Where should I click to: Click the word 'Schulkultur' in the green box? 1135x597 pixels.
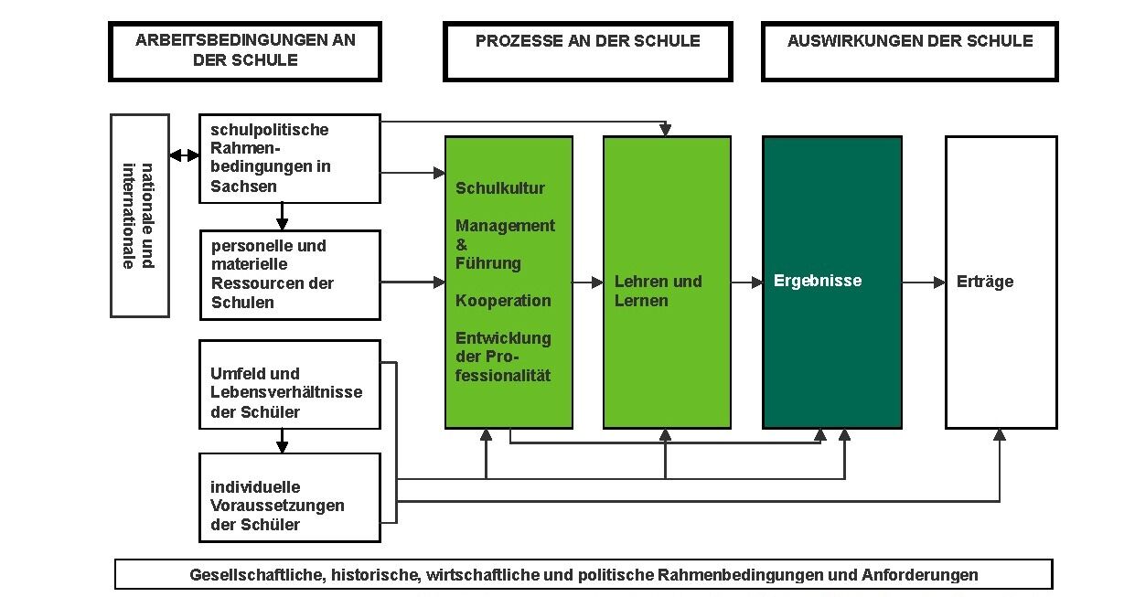click(500, 188)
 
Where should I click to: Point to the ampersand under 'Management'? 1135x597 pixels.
click(461, 245)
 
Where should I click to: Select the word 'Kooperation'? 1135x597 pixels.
click(503, 301)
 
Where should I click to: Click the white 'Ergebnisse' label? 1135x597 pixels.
click(818, 281)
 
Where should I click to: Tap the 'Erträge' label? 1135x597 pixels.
click(985, 282)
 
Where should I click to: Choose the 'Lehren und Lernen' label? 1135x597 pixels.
click(659, 291)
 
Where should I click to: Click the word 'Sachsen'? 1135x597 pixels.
click(243, 187)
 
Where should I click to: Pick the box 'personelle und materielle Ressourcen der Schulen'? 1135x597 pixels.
click(290, 275)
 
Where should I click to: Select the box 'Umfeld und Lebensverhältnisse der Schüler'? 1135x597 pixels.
click(290, 385)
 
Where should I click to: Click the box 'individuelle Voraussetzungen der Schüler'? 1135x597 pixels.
click(290, 497)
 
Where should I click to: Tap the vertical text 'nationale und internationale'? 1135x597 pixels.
click(138, 216)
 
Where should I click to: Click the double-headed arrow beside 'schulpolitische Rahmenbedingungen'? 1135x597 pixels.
click(184, 155)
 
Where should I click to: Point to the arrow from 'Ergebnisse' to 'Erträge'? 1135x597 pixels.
click(924, 282)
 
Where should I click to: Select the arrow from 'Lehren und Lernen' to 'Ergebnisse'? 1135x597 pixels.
click(747, 282)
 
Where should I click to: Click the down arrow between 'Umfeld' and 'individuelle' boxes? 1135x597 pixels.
click(283, 441)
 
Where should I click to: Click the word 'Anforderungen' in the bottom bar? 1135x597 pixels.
click(920, 575)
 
